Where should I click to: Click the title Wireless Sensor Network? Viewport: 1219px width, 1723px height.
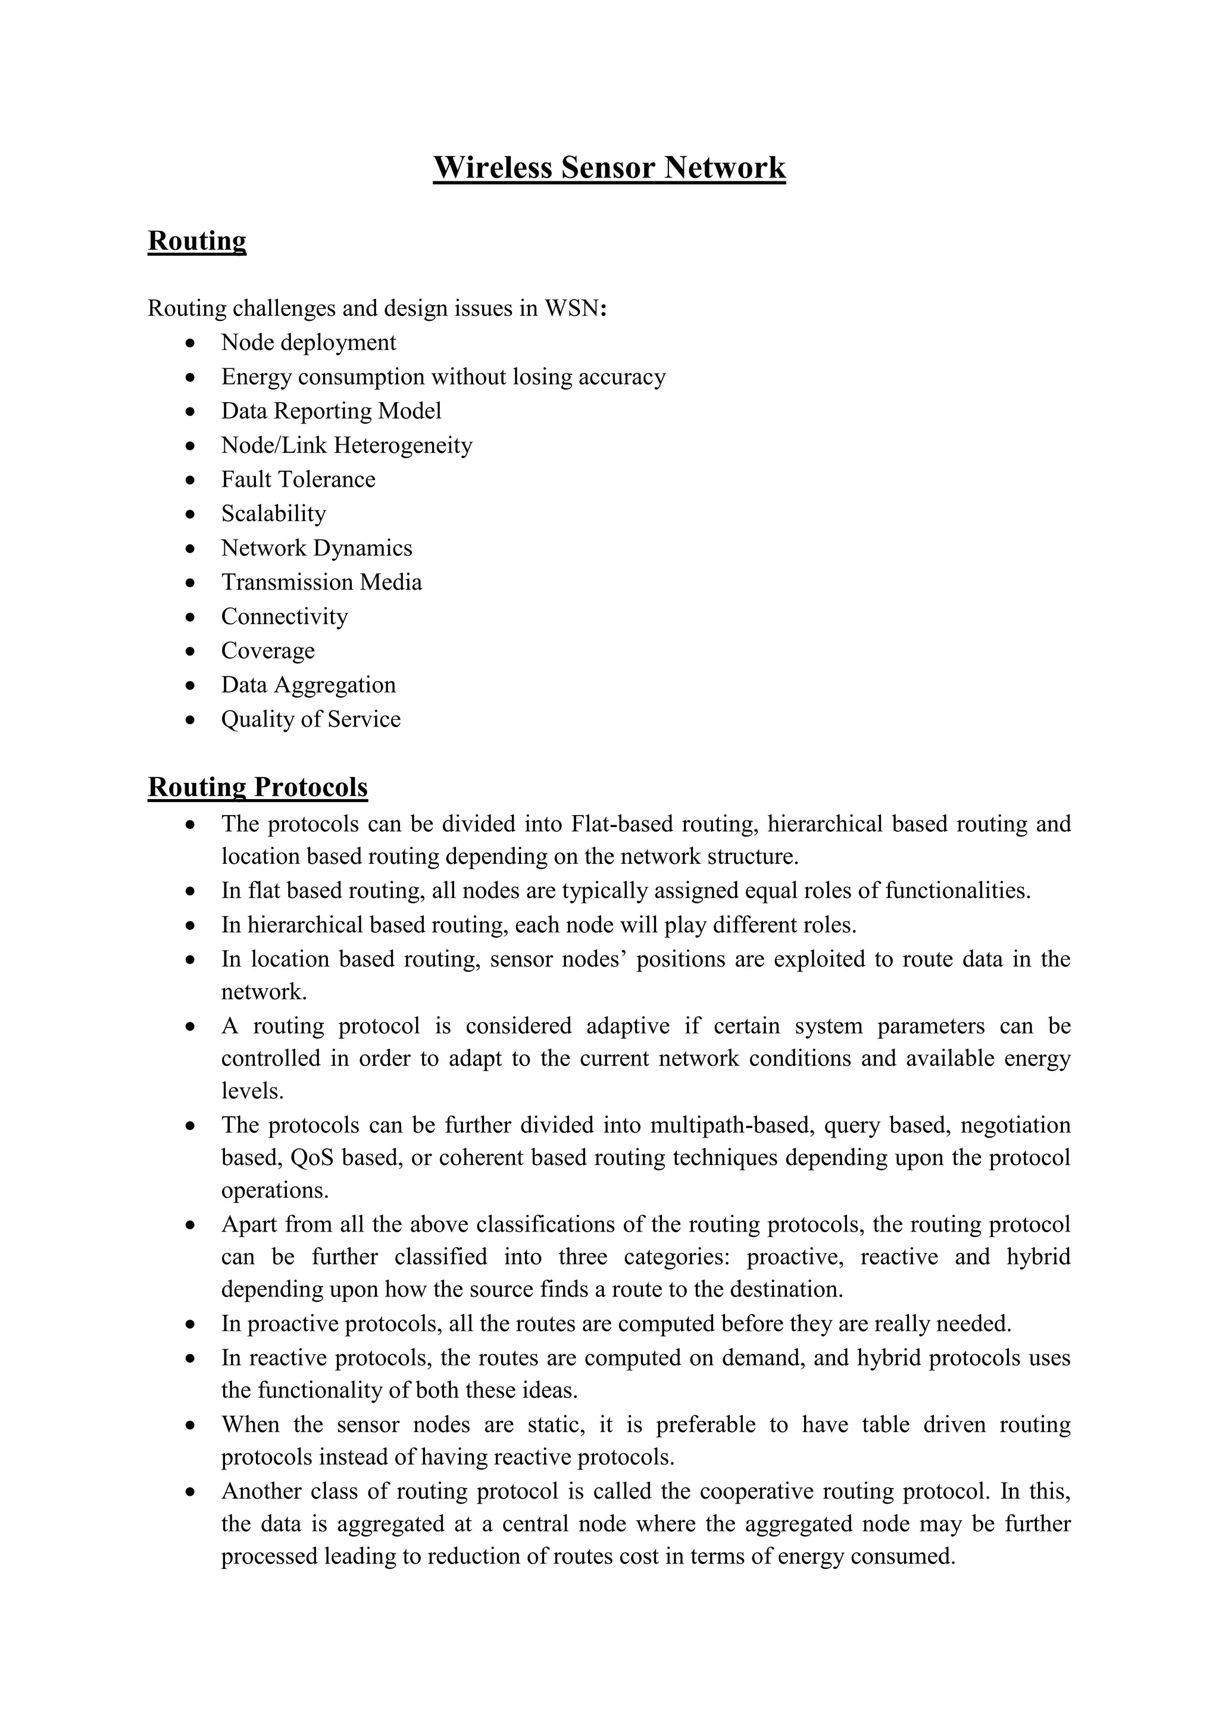pyautogui.click(x=609, y=167)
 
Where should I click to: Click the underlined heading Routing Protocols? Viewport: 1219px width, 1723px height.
pyautogui.click(x=258, y=787)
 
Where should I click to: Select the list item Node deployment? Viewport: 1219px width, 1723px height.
pyautogui.click(x=308, y=342)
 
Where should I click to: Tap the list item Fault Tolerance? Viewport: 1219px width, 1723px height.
pyautogui.click(x=298, y=479)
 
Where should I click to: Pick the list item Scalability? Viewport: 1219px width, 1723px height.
pyautogui.click(x=273, y=513)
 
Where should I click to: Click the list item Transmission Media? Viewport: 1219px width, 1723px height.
pyautogui.click(x=321, y=582)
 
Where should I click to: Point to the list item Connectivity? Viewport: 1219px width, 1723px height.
pyautogui.click(x=285, y=616)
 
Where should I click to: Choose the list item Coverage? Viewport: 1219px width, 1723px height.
pyautogui.click(x=268, y=651)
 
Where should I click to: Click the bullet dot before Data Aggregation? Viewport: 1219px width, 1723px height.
pyautogui.click(x=192, y=685)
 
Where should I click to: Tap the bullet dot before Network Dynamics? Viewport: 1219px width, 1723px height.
pyautogui.click(x=192, y=549)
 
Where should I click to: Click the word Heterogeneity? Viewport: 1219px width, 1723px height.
pyautogui.click(x=403, y=445)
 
